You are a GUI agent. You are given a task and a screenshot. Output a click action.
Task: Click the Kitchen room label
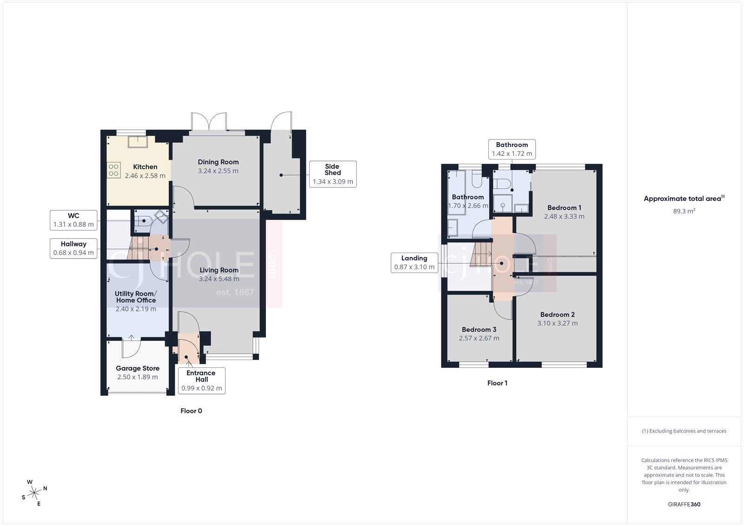pyautogui.click(x=145, y=167)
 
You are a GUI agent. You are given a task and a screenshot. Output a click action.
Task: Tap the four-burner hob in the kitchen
pyautogui.click(x=113, y=170)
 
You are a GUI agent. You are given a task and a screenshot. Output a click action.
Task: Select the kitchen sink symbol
pyautogui.click(x=138, y=141)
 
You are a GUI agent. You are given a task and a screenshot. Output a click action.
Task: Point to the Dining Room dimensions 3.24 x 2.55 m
pyautogui.click(x=218, y=171)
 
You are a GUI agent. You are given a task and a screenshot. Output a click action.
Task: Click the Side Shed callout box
pyautogui.click(x=332, y=174)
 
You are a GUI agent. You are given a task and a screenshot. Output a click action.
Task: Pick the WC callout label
pyautogui.click(x=73, y=220)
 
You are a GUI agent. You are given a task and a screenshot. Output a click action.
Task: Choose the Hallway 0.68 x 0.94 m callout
pyautogui.click(x=73, y=248)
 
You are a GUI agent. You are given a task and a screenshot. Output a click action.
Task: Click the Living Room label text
pyautogui.click(x=219, y=270)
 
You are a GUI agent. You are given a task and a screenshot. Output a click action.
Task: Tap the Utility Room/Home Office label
pyautogui.click(x=136, y=297)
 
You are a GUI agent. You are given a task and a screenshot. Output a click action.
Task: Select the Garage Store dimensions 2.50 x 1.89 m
pyautogui.click(x=137, y=377)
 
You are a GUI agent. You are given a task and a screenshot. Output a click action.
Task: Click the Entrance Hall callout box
pyautogui.click(x=201, y=380)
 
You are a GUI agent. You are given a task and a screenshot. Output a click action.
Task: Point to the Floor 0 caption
pyautogui.click(x=191, y=411)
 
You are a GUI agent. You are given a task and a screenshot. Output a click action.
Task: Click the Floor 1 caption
pyautogui.click(x=497, y=383)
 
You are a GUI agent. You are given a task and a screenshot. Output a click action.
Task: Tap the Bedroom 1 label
pyautogui.click(x=564, y=208)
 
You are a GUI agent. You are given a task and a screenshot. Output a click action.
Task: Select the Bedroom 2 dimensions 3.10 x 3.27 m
pyautogui.click(x=558, y=324)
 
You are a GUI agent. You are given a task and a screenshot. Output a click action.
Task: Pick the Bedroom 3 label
pyautogui.click(x=479, y=330)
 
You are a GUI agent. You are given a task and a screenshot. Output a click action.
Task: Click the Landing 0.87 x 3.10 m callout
pyautogui.click(x=414, y=263)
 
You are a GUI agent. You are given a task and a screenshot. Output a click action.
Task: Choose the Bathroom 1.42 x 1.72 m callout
pyautogui.click(x=511, y=149)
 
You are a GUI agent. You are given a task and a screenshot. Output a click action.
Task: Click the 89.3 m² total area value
pyautogui.click(x=684, y=211)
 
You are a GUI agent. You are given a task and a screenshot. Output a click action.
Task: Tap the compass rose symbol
pyautogui.click(x=34, y=493)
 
